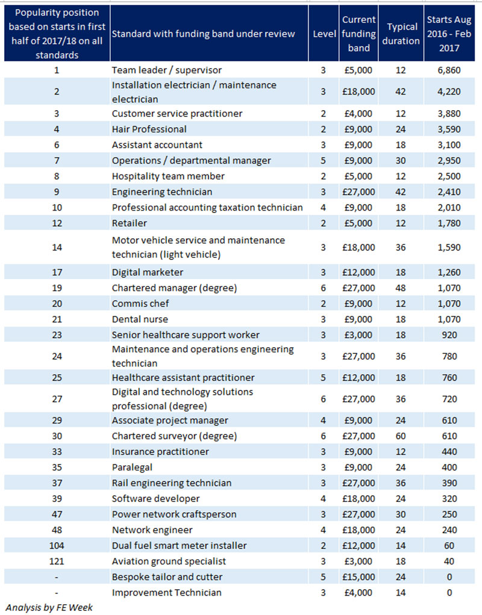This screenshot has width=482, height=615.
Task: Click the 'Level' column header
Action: pos(324,34)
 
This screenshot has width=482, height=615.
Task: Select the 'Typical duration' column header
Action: pos(401,34)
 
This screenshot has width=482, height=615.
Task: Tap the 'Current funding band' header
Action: pos(358,34)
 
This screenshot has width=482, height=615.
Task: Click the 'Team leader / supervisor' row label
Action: pos(166,70)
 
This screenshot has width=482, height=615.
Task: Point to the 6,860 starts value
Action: pos(449,70)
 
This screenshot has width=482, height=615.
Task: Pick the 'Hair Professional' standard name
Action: pos(149,129)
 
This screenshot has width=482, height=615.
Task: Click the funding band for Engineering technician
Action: pos(358,192)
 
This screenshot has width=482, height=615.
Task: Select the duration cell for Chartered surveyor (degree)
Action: pos(401,436)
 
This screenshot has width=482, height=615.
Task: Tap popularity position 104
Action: pos(57,546)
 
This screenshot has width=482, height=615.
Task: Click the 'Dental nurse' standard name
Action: pos(140,320)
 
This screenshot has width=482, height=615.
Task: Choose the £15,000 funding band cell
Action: pos(358,577)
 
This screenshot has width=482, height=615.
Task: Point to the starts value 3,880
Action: pos(449,114)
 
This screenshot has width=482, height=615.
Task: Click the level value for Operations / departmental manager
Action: pos(324,161)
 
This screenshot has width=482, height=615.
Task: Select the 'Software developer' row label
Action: pos(155,499)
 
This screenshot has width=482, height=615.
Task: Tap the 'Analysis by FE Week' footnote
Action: pos(49,608)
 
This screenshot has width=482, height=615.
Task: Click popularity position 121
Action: pos(57,561)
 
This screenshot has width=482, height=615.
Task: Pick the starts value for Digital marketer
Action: pos(449,272)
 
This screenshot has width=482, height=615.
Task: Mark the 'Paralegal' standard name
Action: pos(132,468)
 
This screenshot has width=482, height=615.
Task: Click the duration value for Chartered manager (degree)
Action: pos(401,288)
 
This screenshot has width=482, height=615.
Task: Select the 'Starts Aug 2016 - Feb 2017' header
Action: pos(449,34)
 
